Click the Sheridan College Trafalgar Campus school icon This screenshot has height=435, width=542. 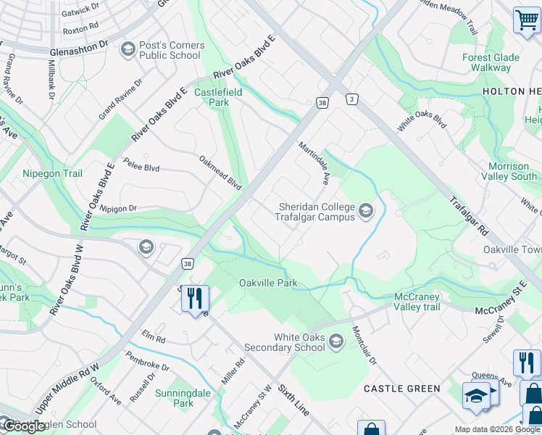(366, 212)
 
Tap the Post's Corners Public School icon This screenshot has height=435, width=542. (128, 50)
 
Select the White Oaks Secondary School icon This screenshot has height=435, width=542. (335, 341)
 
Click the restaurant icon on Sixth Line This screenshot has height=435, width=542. (194, 298)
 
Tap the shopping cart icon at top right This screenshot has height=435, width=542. (526, 20)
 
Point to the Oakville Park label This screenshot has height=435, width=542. (268, 283)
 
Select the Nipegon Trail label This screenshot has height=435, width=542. (52, 174)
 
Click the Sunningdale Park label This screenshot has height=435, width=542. (174, 398)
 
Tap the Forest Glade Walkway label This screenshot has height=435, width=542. (491, 62)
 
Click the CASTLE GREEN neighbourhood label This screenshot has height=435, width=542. (402, 389)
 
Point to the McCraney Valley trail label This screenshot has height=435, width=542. (428, 302)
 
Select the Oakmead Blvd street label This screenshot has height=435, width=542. (220, 172)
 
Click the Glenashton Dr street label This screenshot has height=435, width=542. (79, 49)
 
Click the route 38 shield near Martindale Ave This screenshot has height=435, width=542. (322, 104)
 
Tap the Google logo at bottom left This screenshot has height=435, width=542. (23, 426)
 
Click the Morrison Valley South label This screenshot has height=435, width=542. (513, 171)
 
